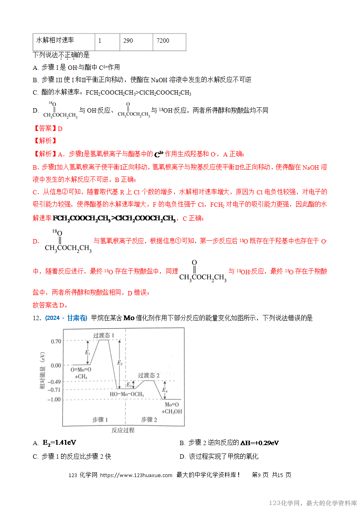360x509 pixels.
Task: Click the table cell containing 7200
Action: click(169, 42)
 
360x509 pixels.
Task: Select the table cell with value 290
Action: click(136, 42)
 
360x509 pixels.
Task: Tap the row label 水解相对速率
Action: click(63, 42)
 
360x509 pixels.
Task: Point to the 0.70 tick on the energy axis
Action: click(56, 341)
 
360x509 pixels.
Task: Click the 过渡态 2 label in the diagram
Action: click(149, 375)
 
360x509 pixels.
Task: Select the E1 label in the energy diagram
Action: click(87, 353)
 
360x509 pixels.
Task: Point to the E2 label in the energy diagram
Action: click(119, 362)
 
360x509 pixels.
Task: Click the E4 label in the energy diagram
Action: click(165, 390)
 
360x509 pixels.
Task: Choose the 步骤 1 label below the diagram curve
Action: click(101, 420)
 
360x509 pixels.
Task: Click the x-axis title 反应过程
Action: click(123, 430)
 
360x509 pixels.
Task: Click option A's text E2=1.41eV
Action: click(59, 443)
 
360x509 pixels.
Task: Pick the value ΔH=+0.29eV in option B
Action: click(259, 443)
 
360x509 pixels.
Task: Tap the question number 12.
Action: click(37, 318)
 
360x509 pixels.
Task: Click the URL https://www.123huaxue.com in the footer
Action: click(136, 475)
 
